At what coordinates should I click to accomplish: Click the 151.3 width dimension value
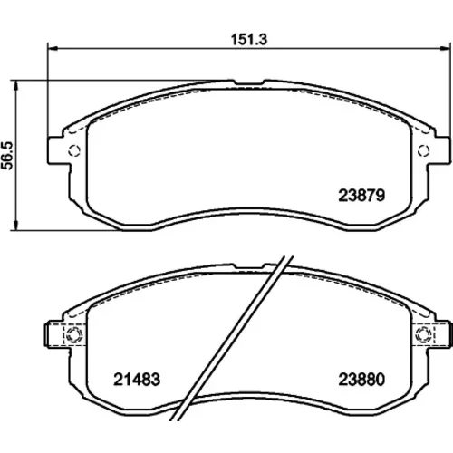249,40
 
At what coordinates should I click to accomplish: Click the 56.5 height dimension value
8,156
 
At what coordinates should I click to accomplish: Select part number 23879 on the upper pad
361,196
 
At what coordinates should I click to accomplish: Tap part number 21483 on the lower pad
137,380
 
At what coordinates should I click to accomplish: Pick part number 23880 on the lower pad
361,380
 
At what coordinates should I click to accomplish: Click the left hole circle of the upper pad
74,150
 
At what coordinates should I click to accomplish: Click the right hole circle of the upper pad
423,150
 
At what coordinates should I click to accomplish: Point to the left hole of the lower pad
74,334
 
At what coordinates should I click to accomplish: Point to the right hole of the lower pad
423,334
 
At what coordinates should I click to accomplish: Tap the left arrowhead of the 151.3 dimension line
53,48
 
